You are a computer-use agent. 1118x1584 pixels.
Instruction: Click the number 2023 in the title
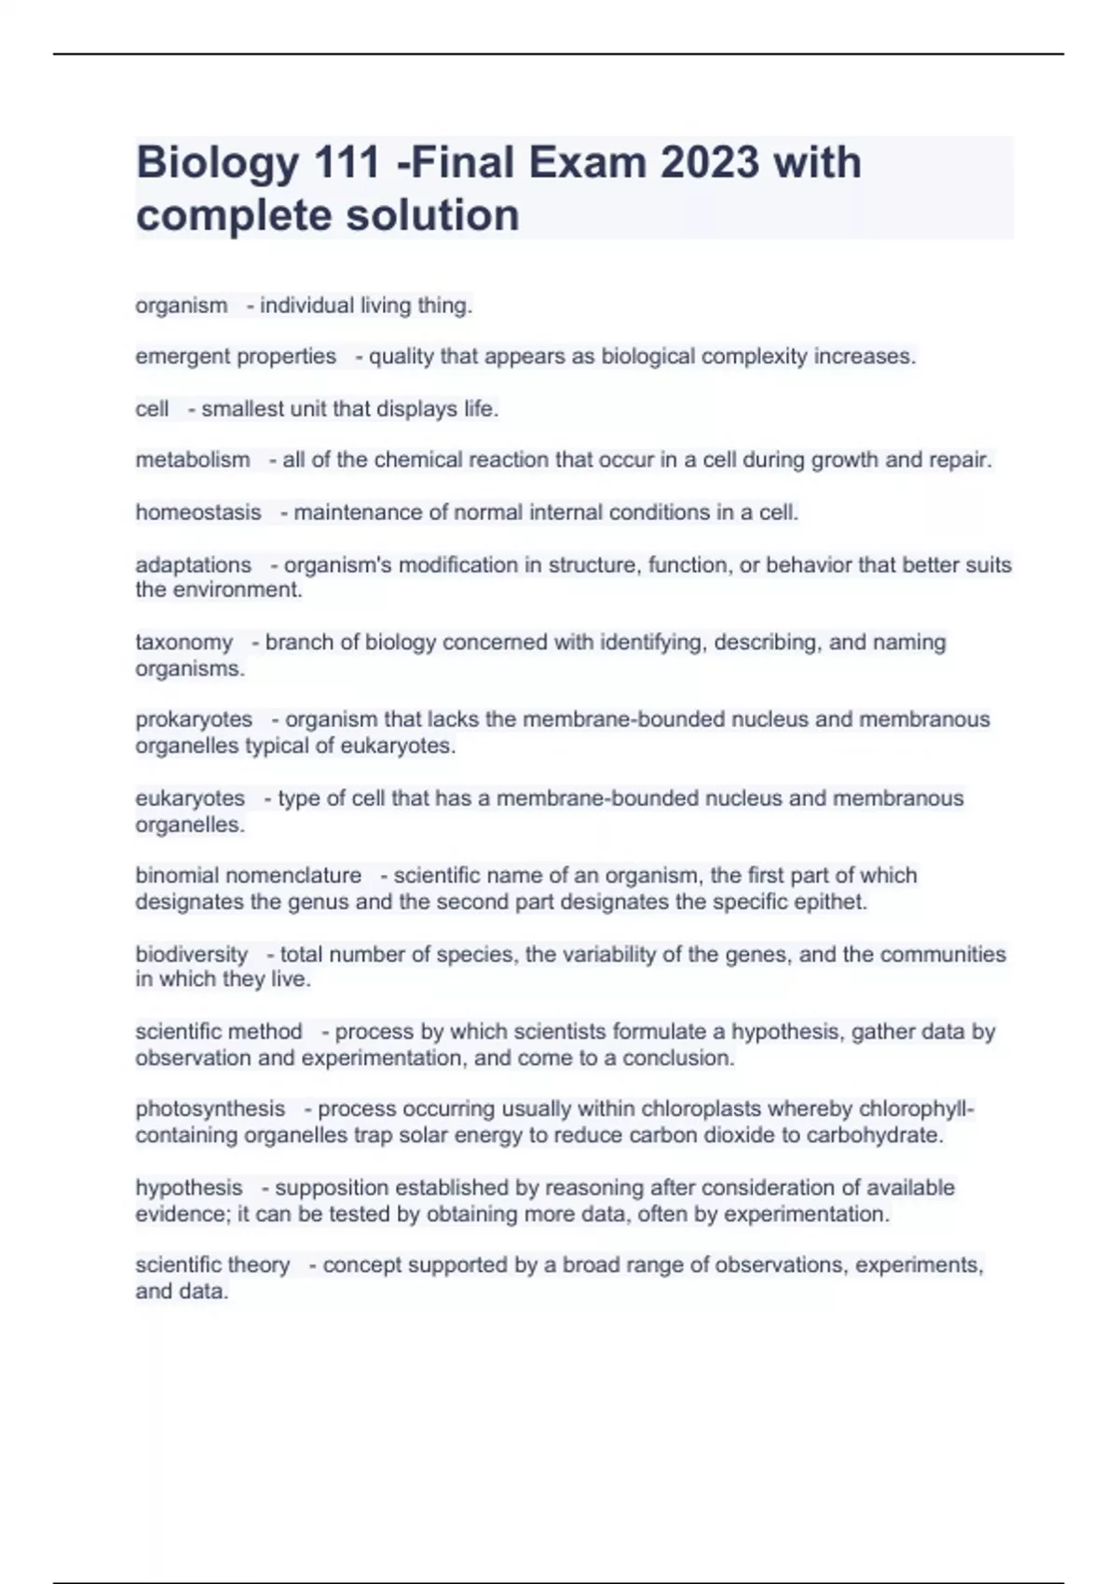coord(710,162)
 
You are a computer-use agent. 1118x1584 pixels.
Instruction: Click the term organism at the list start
coord(182,306)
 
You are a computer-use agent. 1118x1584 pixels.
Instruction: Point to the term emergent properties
coord(236,357)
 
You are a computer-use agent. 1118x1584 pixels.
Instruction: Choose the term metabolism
coord(193,460)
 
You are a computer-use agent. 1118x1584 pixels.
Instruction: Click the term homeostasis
coord(198,512)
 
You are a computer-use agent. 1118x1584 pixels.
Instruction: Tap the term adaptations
coord(194,565)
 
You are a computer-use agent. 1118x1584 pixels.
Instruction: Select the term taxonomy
coord(184,643)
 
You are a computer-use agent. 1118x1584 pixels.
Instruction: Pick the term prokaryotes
coord(194,720)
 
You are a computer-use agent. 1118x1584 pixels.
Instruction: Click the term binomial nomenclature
coord(249,876)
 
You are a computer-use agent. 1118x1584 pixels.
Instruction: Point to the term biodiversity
coord(192,955)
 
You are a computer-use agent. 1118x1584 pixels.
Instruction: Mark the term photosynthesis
coord(211,1109)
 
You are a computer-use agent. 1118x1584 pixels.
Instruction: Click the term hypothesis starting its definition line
coord(189,1188)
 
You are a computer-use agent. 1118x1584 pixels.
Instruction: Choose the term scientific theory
coord(212,1265)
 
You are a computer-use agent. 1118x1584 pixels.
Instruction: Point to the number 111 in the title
coord(347,162)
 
